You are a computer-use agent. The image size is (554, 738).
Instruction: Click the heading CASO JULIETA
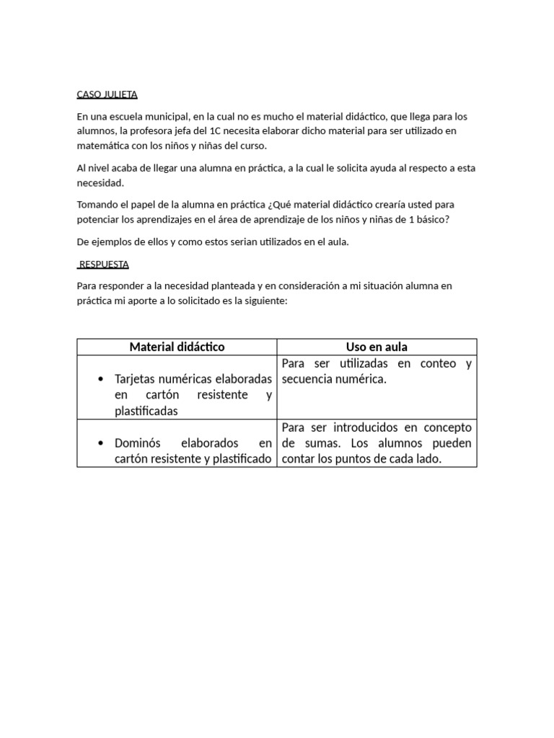point(107,94)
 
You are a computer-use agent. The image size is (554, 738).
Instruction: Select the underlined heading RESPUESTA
point(104,264)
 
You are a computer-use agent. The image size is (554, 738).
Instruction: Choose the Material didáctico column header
point(177,347)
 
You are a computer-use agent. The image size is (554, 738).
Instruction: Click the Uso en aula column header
point(377,347)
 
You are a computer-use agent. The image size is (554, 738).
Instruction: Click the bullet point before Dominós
point(100,443)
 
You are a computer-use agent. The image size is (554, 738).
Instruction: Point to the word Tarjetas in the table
point(138,379)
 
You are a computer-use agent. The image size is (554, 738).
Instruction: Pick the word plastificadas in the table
point(146,411)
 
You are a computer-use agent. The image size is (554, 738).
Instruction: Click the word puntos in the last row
point(356,458)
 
